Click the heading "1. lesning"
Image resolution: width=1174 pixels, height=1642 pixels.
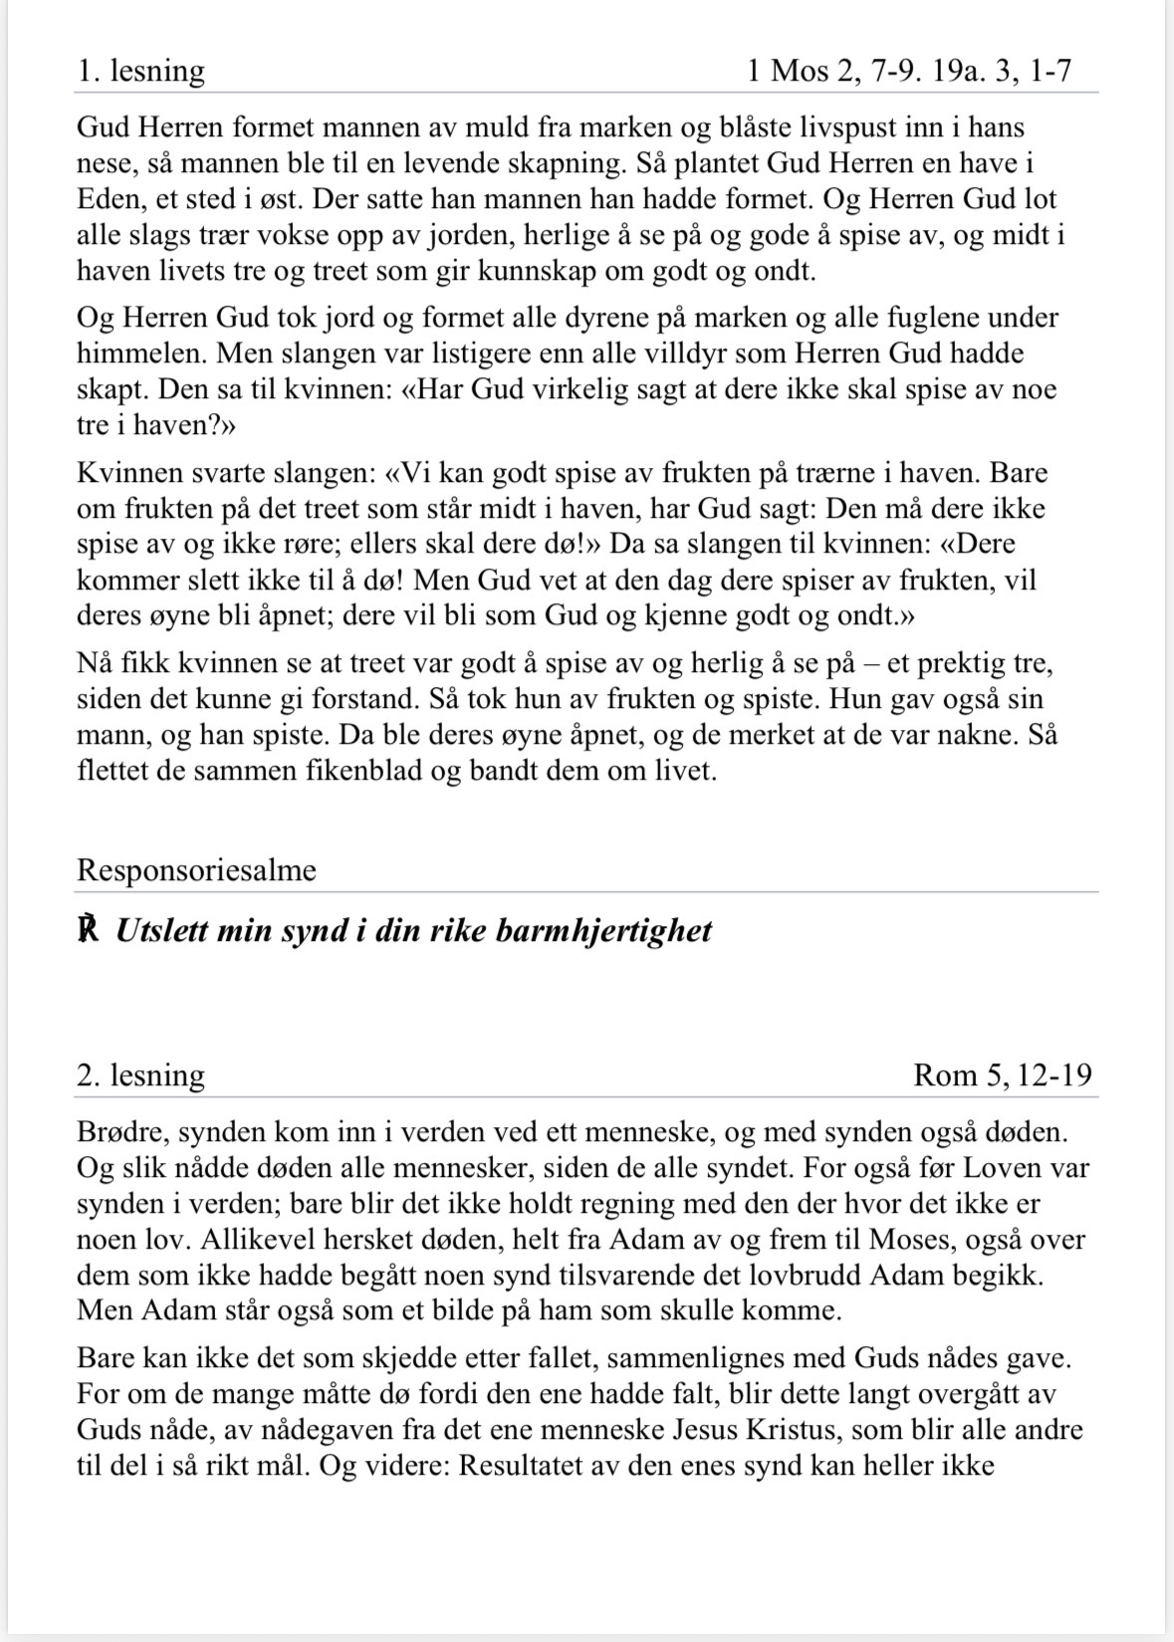(x=140, y=72)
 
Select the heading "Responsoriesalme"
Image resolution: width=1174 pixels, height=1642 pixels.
(x=196, y=870)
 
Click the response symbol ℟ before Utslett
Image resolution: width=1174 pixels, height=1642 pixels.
(x=89, y=931)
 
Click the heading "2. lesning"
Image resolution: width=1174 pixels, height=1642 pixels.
(x=140, y=1075)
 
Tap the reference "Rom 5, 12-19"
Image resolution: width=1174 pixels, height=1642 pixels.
(x=1002, y=1075)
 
